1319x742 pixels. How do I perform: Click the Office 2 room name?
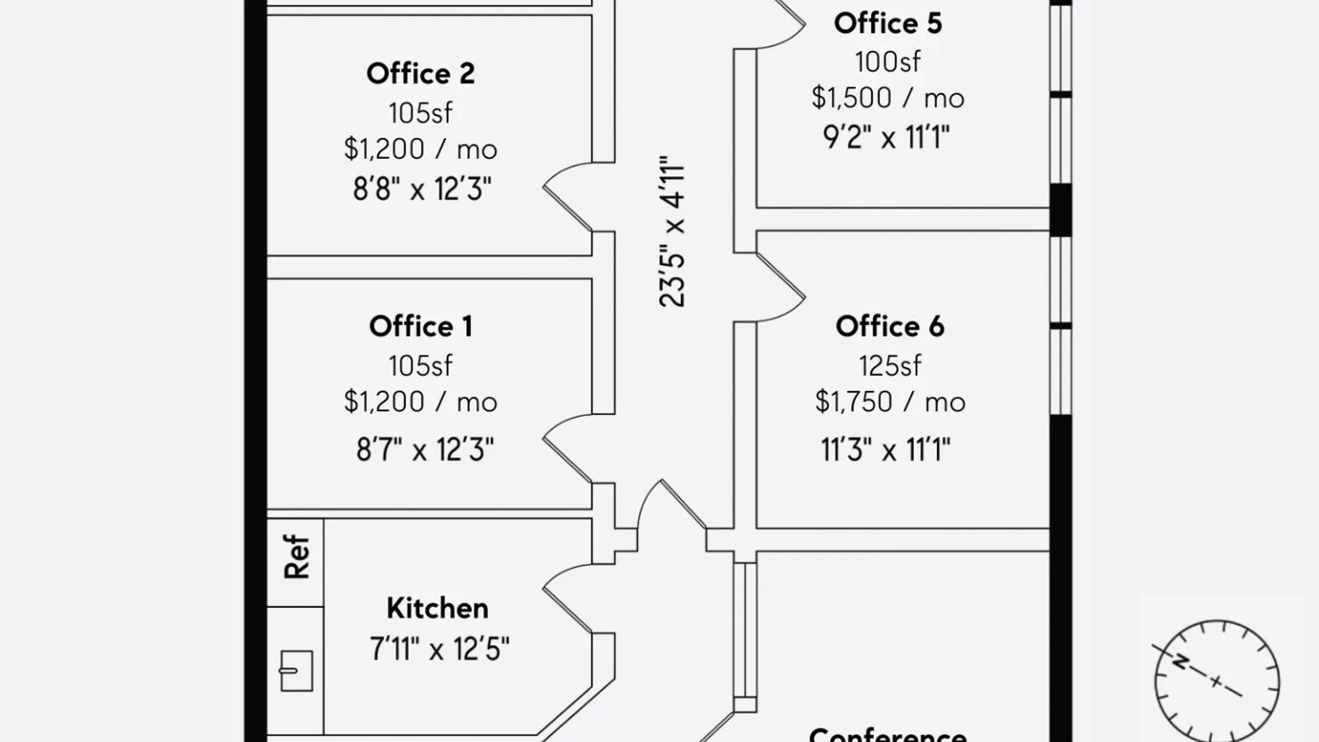(420, 74)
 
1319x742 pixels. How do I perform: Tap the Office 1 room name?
(420, 326)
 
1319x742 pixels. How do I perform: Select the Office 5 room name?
(888, 23)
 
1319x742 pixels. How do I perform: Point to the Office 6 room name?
(890, 326)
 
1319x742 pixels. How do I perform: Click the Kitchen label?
(438, 608)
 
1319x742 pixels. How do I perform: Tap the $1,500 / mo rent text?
(888, 98)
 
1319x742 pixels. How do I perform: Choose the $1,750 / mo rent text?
(890, 402)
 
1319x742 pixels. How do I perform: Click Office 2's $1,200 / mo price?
(420, 149)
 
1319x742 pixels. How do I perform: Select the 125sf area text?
(890, 366)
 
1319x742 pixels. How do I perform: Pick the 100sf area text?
(888, 62)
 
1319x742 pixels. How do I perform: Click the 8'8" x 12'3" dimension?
(422, 189)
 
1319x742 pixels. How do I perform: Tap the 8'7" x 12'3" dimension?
(425, 450)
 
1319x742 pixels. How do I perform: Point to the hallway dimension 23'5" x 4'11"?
(672, 231)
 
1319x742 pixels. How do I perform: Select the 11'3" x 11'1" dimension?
(886, 450)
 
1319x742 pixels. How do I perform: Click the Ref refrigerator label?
(297, 556)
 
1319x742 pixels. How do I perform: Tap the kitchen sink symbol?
(296, 671)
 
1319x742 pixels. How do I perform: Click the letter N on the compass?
(1180, 662)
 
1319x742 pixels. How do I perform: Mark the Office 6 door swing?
(780, 287)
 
